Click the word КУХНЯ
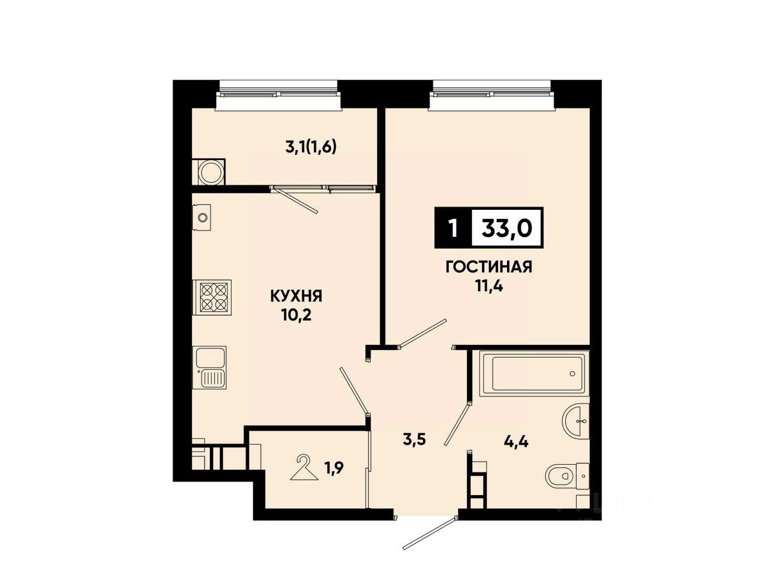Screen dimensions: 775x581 click(296, 296)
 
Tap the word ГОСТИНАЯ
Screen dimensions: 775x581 click(489, 267)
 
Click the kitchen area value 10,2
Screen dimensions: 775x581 click(296, 314)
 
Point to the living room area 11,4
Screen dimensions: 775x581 click(489, 286)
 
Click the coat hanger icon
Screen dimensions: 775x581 click(304, 467)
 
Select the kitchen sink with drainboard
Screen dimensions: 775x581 click(209, 367)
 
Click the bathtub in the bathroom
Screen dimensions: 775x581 click(534, 373)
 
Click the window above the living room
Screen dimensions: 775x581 click(491, 96)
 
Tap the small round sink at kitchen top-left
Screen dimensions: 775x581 click(201, 217)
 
